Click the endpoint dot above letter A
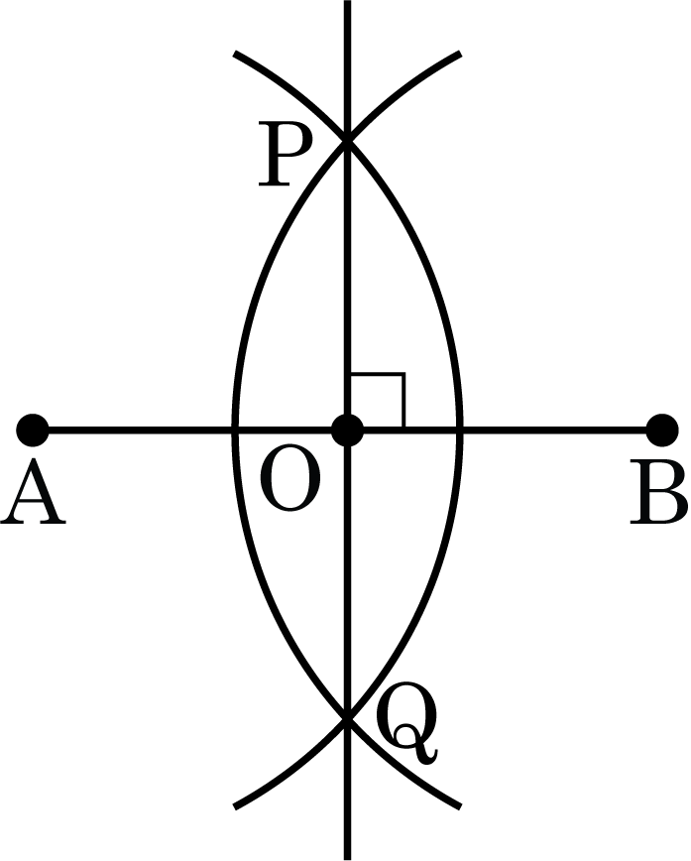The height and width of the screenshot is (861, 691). (33, 430)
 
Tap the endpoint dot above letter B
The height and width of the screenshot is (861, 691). (662, 430)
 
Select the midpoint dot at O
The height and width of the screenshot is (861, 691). (348, 430)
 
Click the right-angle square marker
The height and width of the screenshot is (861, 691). (378, 401)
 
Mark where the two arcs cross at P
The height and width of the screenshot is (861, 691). (347, 141)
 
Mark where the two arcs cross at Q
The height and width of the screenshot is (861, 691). (347, 719)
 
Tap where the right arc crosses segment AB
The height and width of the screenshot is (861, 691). (460, 430)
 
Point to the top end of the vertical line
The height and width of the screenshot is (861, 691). (347, 1)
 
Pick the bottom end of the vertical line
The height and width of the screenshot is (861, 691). (347, 859)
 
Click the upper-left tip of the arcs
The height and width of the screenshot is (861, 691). (235, 54)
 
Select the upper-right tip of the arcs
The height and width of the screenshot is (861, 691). (460, 54)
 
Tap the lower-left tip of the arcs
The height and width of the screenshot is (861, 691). (235, 807)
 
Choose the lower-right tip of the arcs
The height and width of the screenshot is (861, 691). (460, 807)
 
